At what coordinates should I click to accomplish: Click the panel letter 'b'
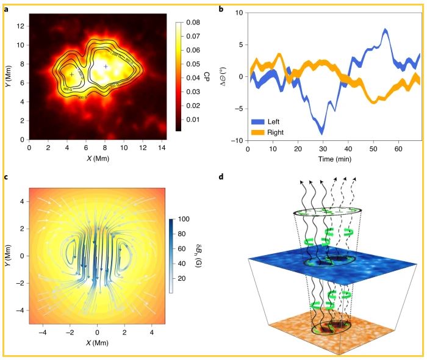(x=221, y=10)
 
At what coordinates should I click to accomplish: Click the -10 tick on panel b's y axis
(x=237, y=140)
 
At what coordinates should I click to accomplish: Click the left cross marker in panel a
(x=72, y=74)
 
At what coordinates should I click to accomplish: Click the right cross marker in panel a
(x=106, y=66)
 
